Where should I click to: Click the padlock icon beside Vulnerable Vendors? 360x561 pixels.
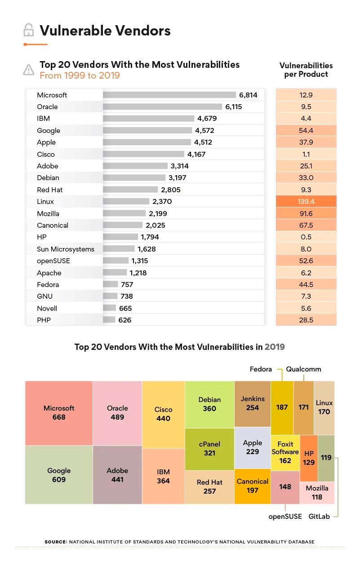[x=28, y=31]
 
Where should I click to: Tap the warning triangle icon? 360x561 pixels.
[x=28, y=70]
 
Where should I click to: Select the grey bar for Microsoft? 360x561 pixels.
[x=169, y=95]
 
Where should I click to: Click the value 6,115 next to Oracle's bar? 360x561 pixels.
[x=234, y=107]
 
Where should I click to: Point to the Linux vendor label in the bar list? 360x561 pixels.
[x=45, y=202]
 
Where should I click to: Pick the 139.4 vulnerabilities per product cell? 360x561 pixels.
[x=306, y=202]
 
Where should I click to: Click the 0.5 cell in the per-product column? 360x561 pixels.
[x=306, y=237]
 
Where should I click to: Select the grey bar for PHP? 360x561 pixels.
[x=109, y=320]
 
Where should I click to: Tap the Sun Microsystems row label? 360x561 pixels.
[x=66, y=249]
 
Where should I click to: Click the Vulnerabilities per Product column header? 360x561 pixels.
[x=306, y=70]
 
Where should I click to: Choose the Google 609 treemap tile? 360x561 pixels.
[x=59, y=475]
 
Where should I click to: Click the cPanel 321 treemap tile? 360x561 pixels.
[x=209, y=449]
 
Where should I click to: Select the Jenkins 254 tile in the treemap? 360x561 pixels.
[x=253, y=403]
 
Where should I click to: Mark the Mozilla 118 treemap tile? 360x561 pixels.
[x=317, y=492]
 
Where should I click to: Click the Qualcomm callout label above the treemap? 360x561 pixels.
[x=304, y=369]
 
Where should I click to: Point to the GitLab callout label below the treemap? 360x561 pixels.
[x=319, y=517]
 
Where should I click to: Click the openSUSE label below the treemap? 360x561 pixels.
[x=285, y=517]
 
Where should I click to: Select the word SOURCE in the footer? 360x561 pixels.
[x=55, y=542]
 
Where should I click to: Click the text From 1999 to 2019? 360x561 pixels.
[x=80, y=75]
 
